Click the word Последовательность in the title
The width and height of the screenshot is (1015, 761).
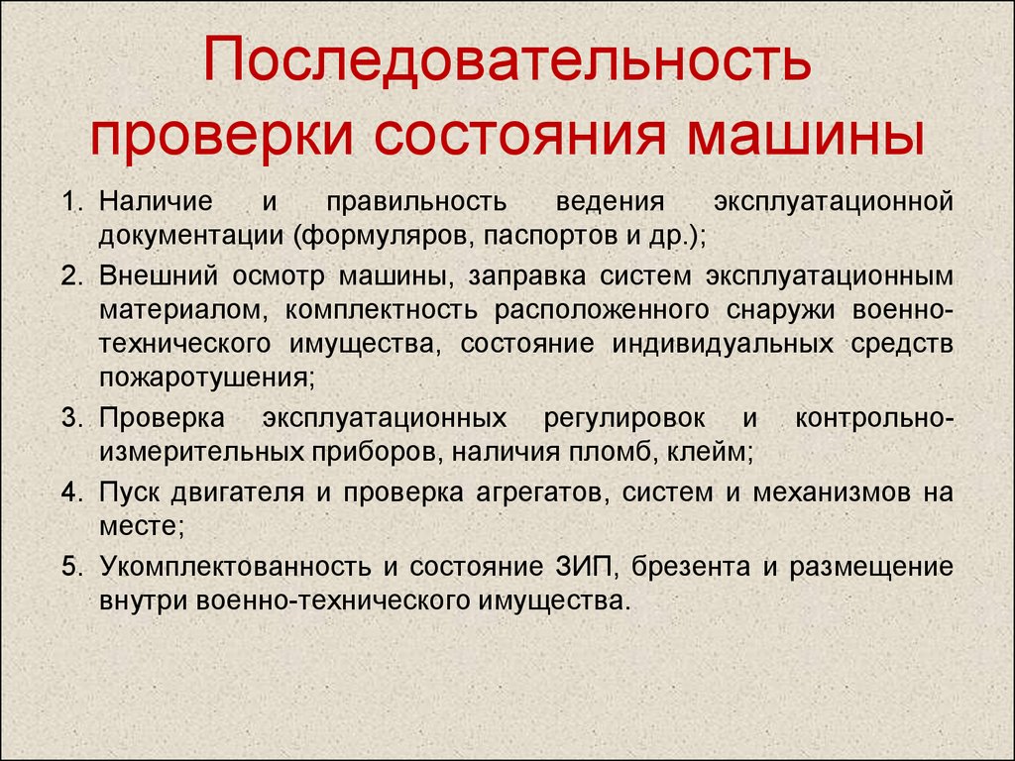[x=507, y=60]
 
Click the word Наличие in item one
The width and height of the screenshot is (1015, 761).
[x=156, y=201]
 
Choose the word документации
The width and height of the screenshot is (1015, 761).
[x=191, y=236]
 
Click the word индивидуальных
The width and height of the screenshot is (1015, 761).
[x=723, y=344]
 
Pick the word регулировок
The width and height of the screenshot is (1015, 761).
[x=624, y=419]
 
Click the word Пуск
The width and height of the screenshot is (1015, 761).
[x=129, y=493]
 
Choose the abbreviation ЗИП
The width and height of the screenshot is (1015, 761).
[x=584, y=567]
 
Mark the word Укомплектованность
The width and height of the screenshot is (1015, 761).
[x=235, y=567]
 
